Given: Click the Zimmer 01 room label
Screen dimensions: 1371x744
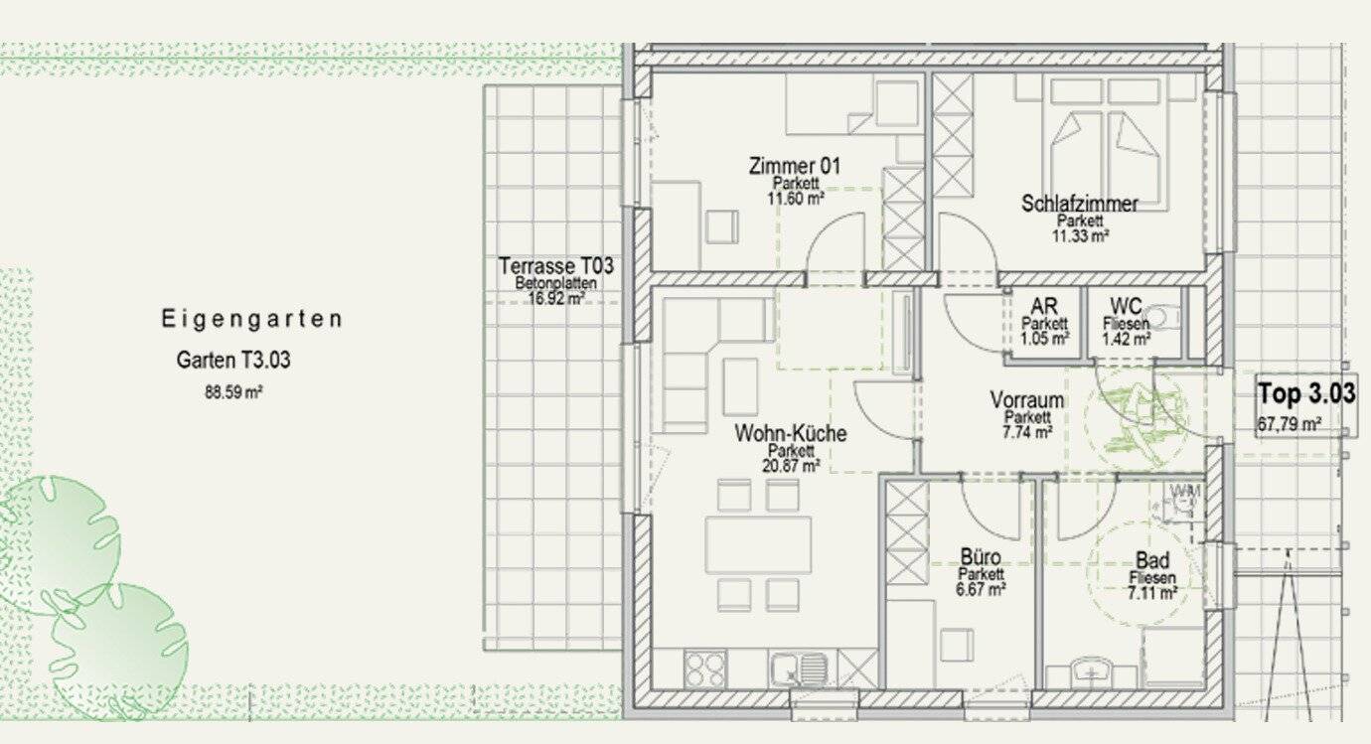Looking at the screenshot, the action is point(795,166).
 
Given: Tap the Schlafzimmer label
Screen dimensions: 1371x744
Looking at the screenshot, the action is point(1080,204).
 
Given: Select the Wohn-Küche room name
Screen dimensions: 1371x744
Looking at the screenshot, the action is point(790,433).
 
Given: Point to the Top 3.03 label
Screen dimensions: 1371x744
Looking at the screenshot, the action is point(1306,392).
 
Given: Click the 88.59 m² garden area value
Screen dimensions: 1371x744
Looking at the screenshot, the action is point(233,392).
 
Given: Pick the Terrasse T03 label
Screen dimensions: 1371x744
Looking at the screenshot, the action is point(555,266).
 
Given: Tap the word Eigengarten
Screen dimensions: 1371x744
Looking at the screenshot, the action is point(251,319).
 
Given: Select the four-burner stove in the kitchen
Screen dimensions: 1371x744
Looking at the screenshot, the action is point(705,669).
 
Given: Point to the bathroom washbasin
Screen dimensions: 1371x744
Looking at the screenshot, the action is point(1092,672).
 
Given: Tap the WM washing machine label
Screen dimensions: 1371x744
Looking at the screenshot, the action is point(1185,491).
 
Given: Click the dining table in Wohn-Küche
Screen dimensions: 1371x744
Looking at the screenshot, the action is point(758,544).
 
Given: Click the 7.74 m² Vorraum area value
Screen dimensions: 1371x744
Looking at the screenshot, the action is point(1027,432).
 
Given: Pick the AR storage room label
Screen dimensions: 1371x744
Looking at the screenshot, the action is point(1044,306).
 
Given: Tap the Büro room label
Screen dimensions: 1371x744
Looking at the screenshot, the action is point(981,557).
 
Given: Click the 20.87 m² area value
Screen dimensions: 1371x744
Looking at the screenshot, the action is point(791,466).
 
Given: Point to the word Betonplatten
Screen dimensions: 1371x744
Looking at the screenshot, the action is point(555,284).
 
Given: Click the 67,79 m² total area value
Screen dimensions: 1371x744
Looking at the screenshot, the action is point(1289,423).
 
